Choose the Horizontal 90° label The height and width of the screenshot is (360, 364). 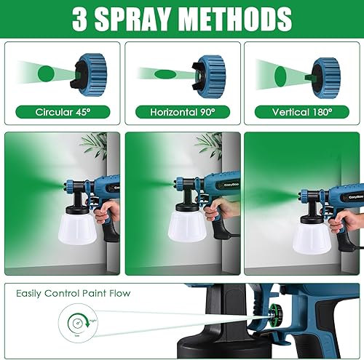tap(182, 113)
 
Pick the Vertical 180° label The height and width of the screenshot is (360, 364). tap(301, 113)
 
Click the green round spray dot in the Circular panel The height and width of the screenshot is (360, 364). tap(46, 74)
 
